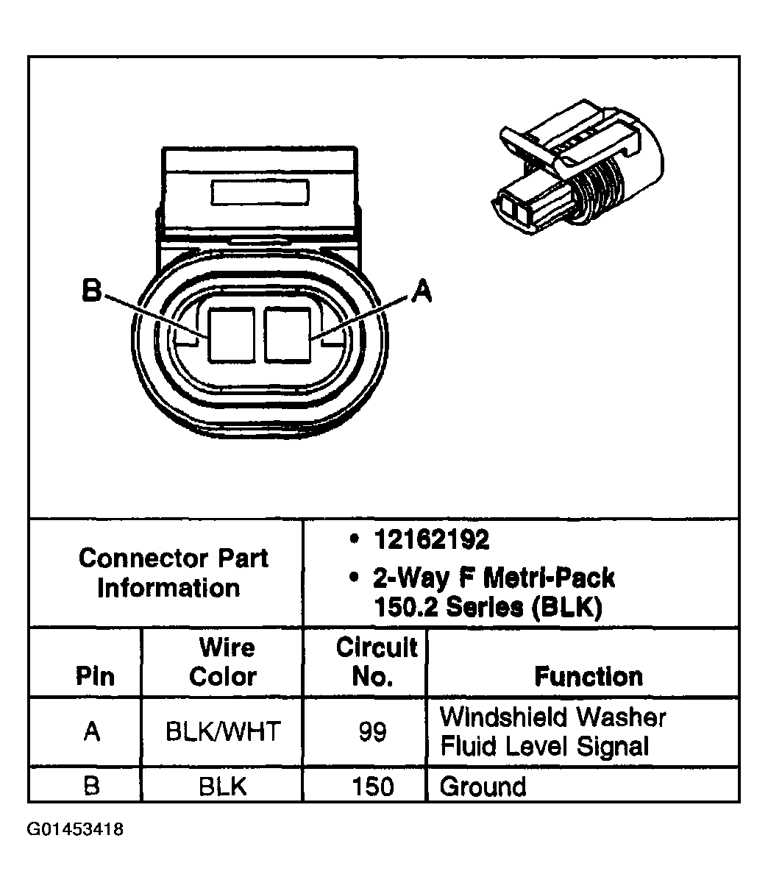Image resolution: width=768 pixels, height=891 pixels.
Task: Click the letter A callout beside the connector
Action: click(x=421, y=292)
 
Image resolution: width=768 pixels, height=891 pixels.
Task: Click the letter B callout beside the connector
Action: click(x=90, y=291)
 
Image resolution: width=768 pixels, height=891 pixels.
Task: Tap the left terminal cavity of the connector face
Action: click(x=232, y=335)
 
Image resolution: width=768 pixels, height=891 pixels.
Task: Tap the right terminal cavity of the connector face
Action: click(x=288, y=335)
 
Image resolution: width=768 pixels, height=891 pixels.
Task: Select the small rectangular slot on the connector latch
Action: click(x=259, y=193)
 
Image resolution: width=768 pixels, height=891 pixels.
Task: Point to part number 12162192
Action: click(x=431, y=541)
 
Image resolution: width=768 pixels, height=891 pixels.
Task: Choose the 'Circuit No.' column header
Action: click(x=376, y=662)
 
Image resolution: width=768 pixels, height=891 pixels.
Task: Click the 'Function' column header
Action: click(x=588, y=675)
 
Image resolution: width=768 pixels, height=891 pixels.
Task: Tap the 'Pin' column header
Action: click(x=95, y=676)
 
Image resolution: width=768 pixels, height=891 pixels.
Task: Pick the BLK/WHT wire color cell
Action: click(x=223, y=732)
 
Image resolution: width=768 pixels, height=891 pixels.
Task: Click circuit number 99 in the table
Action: click(x=372, y=733)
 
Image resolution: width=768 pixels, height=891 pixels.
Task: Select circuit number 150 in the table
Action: click(x=373, y=787)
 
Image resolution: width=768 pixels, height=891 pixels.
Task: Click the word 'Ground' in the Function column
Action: click(x=483, y=787)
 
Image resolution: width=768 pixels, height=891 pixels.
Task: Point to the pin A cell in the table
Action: click(x=92, y=732)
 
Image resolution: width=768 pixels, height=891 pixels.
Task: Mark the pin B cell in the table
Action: click(x=92, y=787)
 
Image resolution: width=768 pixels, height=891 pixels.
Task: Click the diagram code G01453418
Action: click(x=76, y=830)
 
